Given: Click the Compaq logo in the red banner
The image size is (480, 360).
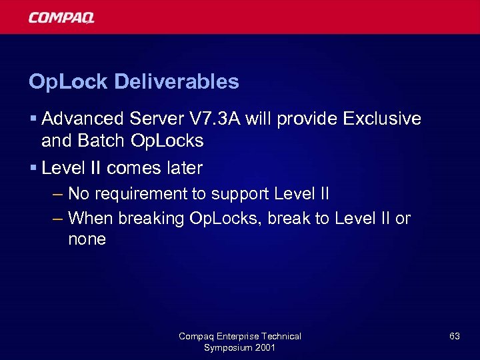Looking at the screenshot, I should [61, 17].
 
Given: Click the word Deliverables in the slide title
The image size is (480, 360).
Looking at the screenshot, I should [177, 82].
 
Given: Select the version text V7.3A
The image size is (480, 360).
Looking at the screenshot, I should [218, 119].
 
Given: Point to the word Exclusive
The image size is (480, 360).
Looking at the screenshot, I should [382, 119].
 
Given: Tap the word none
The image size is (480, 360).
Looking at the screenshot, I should [87, 239].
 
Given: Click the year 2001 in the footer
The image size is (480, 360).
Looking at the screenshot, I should [265, 347].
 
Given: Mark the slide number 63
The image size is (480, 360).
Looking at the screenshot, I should [454, 337].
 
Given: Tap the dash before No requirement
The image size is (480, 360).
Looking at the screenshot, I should [58, 194].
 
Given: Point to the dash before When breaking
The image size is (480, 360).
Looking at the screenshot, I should [58, 218].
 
